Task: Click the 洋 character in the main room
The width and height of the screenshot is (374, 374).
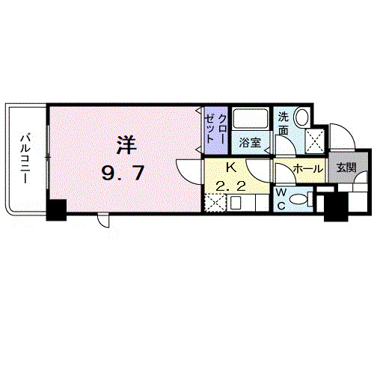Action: click(127, 144)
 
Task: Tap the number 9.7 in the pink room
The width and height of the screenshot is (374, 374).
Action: click(123, 173)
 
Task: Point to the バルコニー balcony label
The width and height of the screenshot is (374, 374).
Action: click(26, 159)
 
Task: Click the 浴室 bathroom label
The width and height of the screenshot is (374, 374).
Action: click(250, 143)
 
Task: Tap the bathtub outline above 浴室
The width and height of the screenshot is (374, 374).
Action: click(251, 119)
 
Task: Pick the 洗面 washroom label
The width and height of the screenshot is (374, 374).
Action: click(283, 123)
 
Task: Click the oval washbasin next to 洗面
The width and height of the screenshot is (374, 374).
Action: click(301, 117)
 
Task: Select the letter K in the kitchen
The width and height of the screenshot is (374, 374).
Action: click(231, 168)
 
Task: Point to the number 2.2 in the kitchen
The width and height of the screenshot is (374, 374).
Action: click(231, 186)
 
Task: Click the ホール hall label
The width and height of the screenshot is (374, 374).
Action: click(308, 169)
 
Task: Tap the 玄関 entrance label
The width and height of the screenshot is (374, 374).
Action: click(346, 168)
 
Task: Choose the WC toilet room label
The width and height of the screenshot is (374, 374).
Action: click(281, 199)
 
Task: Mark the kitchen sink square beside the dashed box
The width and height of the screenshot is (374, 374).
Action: click(235, 203)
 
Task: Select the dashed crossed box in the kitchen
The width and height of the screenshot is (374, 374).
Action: click(215, 203)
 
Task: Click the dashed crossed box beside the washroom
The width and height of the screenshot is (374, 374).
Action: click(315, 141)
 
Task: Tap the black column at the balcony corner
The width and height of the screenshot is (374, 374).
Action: click(57, 210)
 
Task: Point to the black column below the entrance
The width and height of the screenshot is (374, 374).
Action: click(336, 206)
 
